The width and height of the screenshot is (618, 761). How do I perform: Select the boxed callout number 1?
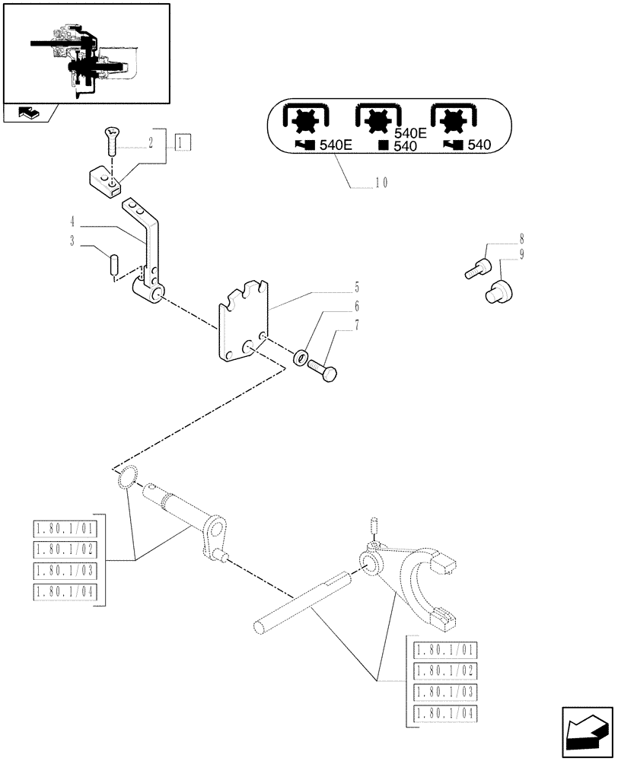click(183, 142)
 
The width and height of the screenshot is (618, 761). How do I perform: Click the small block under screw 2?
click(106, 182)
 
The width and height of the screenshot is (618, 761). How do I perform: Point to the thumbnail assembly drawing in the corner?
click(85, 53)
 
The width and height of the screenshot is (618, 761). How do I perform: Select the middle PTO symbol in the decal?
click(376, 121)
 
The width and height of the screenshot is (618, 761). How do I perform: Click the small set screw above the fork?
click(373, 525)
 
